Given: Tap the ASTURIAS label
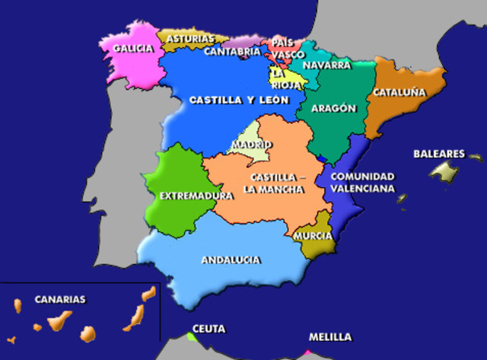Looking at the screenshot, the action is pos(184,37).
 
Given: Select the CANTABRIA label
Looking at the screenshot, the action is pos(232,53).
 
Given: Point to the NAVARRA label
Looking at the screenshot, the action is pos(326,65).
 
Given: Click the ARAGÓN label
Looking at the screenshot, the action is pos(333,108).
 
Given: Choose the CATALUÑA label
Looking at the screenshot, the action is pos(398,93).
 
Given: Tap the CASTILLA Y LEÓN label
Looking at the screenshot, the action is pos(231,100).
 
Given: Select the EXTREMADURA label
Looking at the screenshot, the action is pos(196,196).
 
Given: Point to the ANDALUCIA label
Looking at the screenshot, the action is pos(231,260).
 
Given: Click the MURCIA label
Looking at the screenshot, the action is pos(313,236).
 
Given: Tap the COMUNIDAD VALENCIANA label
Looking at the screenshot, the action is pos(362,181).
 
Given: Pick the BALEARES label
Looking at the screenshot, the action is pos(439,154).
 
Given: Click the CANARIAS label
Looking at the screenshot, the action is pos(60,299).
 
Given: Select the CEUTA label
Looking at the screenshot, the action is pos(208,329).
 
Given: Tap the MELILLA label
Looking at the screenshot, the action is pos(330,336).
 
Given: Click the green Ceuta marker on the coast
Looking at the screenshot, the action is pos(191,336).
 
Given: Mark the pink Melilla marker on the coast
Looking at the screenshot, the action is pos(307,353).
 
